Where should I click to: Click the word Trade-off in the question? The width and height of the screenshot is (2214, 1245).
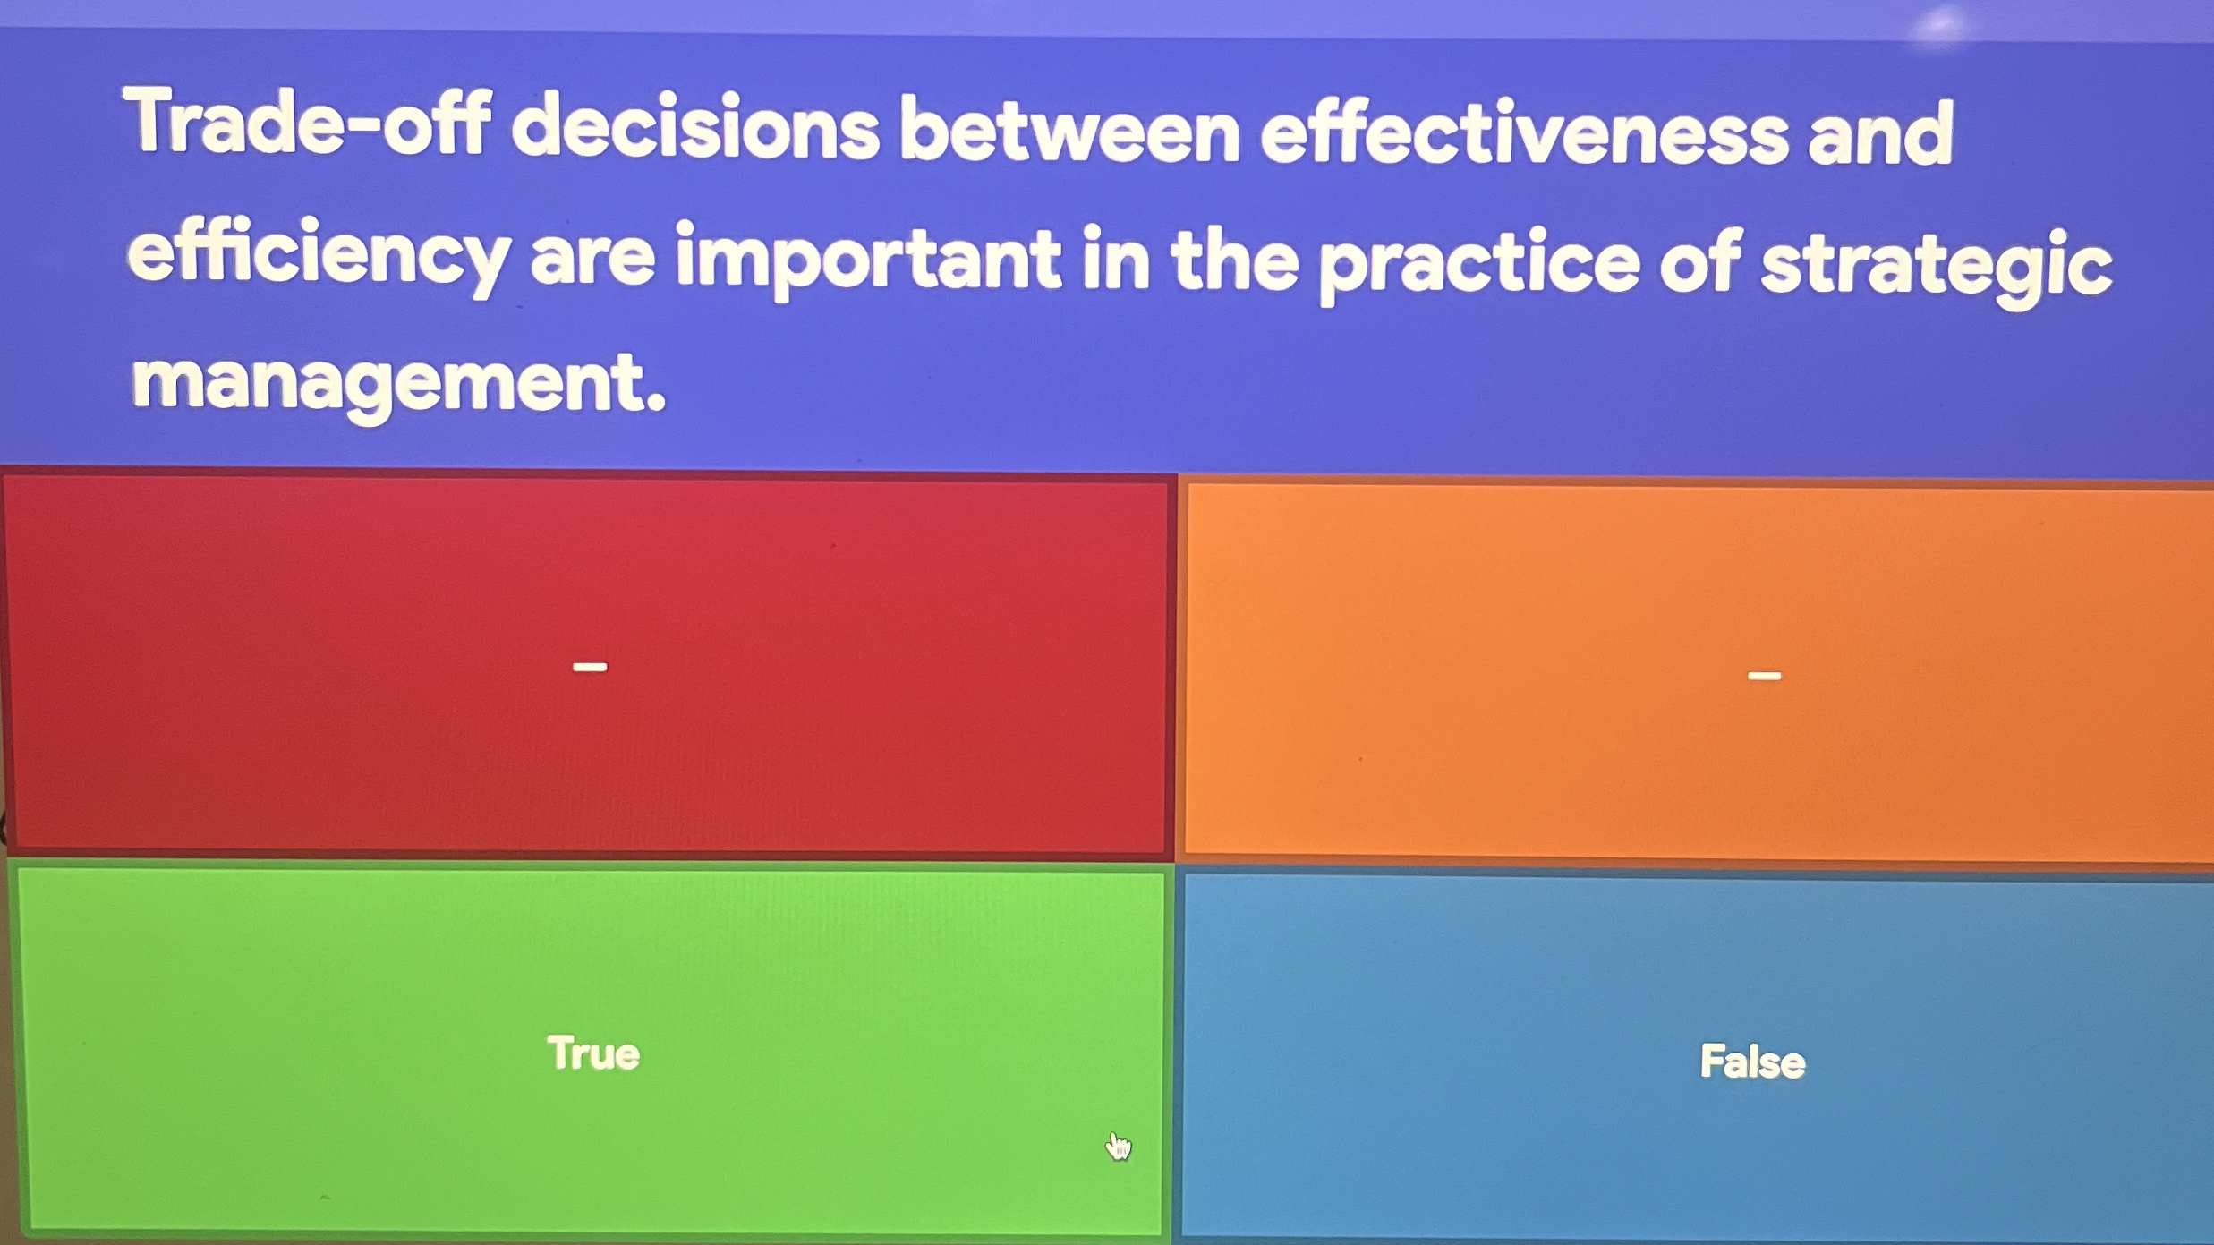point(309,123)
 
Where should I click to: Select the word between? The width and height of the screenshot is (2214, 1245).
point(1069,132)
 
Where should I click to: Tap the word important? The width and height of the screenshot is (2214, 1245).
point(867,260)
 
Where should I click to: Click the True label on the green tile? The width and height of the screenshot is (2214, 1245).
point(593,1053)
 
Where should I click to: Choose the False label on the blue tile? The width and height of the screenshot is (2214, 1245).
point(1752,1062)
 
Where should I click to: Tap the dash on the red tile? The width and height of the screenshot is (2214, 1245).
point(590,667)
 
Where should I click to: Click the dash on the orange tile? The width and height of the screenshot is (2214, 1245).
point(1764,676)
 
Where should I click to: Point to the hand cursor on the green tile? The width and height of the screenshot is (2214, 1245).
point(1117,1145)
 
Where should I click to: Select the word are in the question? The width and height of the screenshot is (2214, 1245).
point(592,260)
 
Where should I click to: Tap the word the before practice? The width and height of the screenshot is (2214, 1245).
point(1235,261)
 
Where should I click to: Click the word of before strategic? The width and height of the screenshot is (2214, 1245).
point(1700,264)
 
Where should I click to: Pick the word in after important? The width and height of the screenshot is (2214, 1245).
point(1114,260)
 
